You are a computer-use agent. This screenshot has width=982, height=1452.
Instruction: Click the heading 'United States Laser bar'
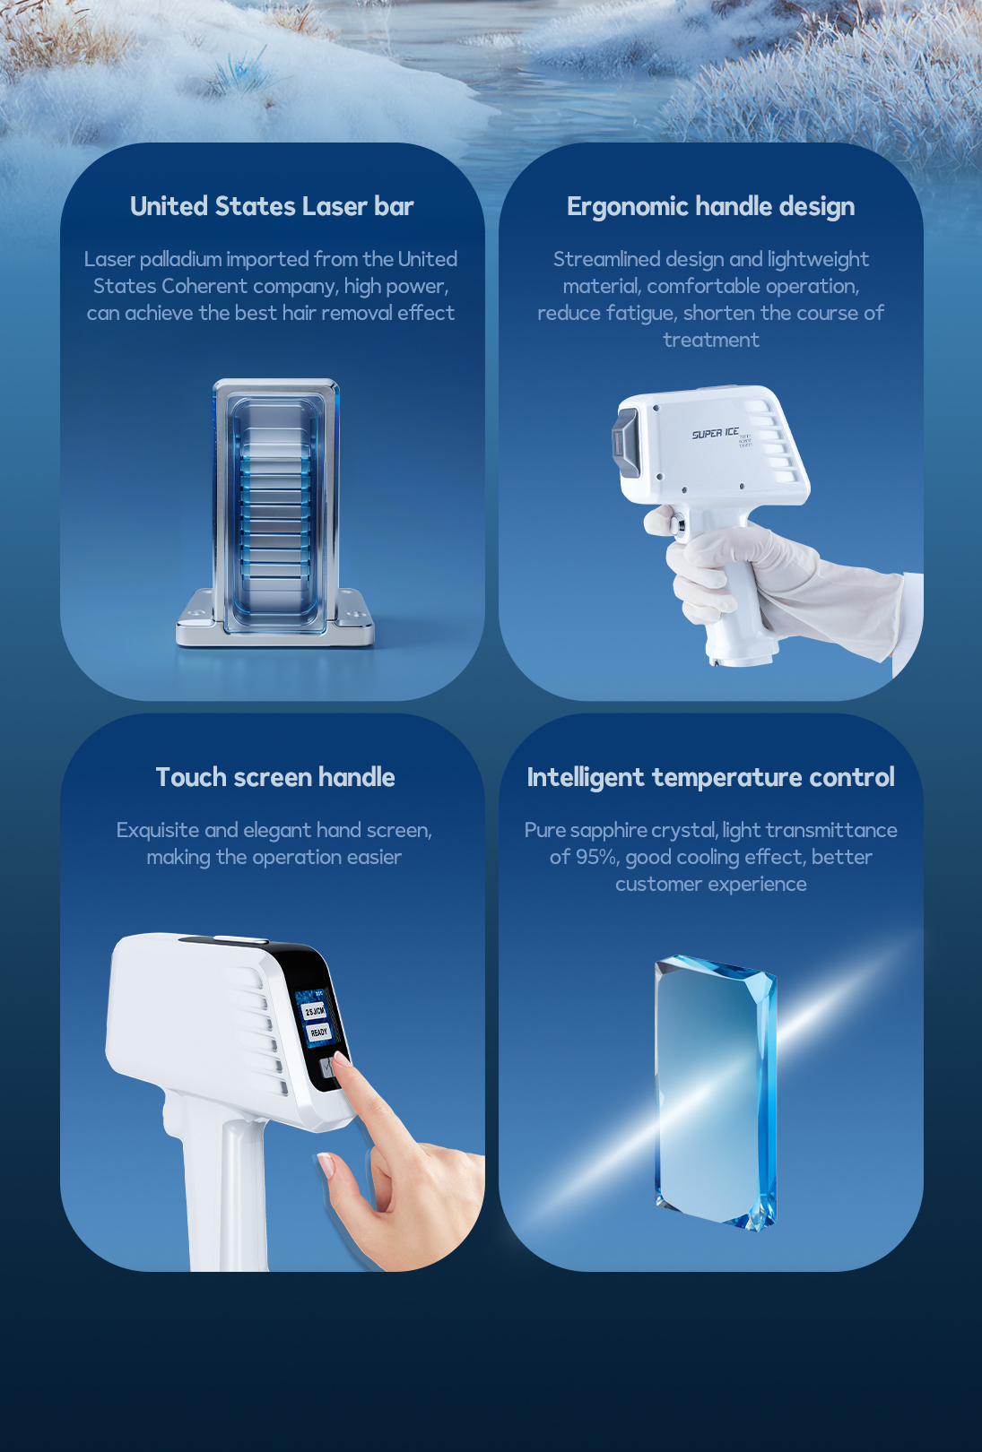coord(272,206)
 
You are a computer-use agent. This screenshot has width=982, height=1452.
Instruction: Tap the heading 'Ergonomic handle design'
coord(711,207)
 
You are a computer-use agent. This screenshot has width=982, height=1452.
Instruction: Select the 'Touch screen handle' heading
coord(275,777)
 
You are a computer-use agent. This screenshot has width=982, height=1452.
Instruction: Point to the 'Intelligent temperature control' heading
coord(711,778)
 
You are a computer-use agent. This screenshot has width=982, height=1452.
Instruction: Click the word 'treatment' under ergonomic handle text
coord(711,340)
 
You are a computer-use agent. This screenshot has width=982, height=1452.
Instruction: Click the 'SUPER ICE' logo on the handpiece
coord(715,434)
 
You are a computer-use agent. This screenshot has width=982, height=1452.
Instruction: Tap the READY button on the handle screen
coord(318,1032)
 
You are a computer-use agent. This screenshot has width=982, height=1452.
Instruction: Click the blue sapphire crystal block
coord(716,1092)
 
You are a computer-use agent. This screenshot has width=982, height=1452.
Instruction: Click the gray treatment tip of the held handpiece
coord(623,444)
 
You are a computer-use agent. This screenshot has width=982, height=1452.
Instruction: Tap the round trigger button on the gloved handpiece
coord(679,522)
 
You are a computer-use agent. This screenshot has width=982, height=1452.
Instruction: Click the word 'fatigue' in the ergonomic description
coord(641,313)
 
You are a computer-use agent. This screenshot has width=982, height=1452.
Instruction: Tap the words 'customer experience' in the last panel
coord(711,884)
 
